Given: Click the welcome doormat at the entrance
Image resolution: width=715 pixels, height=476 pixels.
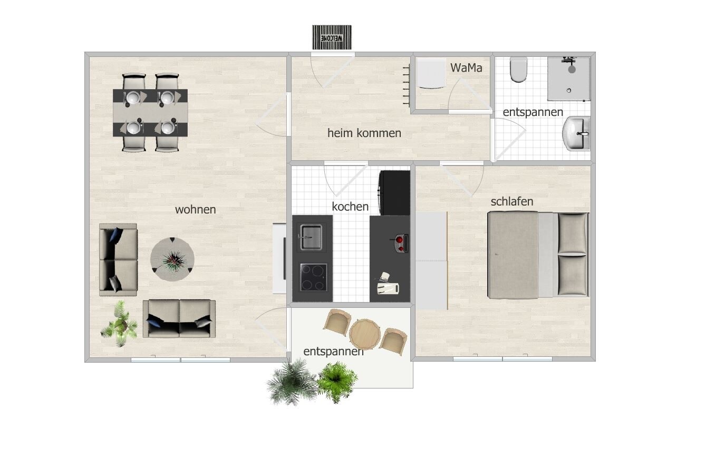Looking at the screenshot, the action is click(x=332, y=37).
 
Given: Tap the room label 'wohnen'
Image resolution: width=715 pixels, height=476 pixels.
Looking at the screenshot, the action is click(x=195, y=210).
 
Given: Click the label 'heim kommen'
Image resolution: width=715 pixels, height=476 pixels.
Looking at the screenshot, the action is click(x=364, y=133).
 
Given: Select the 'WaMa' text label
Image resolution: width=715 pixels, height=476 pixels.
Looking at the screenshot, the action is click(x=466, y=67).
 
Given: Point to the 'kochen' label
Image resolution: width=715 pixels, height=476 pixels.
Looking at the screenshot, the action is click(x=350, y=207).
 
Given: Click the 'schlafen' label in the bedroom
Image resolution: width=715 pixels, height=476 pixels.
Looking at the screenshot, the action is click(x=512, y=201).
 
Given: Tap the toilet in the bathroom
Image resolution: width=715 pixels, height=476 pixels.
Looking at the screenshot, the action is click(x=518, y=70).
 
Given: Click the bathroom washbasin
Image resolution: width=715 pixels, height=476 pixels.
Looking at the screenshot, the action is click(x=576, y=133).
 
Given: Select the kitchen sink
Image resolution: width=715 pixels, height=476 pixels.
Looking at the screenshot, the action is click(x=311, y=237).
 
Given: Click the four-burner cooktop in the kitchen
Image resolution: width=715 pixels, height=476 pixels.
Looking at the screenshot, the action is click(x=313, y=277).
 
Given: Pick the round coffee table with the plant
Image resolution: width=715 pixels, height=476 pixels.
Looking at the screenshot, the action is click(x=172, y=259).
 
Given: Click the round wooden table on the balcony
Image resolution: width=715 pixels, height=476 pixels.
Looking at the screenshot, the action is click(x=364, y=334).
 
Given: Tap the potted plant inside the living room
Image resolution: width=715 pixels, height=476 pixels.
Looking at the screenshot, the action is click(x=120, y=324).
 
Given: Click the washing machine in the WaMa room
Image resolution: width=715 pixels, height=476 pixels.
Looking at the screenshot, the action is click(x=431, y=73).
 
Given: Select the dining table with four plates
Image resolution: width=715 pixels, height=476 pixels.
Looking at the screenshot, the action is click(x=150, y=113).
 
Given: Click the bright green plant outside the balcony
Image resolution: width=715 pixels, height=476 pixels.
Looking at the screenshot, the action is click(x=337, y=382).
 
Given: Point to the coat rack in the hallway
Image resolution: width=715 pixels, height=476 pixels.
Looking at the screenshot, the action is click(x=407, y=85).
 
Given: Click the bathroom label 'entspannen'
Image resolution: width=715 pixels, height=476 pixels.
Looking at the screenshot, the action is click(x=533, y=112).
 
